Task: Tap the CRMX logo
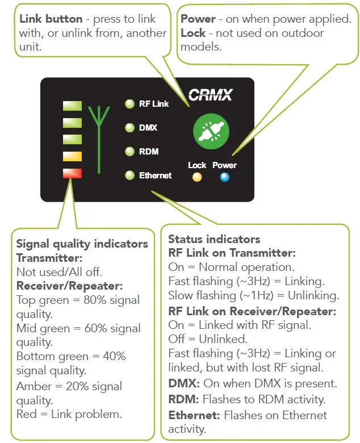tap(210, 94)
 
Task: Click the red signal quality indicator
tap(73, 173)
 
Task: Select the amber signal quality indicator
tap(73, 156)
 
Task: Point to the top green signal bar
tap(73, 106)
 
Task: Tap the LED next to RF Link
tap(129, 104)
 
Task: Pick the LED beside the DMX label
tap(129, 128)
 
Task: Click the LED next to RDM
tap(129, 152)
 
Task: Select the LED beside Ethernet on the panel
tap(129, 175)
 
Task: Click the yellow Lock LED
tap(197, 177)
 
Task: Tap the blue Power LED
tap(224, 177)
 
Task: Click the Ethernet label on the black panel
tap(155, 175)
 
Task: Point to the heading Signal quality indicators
tap(82, 244)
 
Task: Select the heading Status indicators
tap(214, 239)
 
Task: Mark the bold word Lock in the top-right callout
tap(193, 33)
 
